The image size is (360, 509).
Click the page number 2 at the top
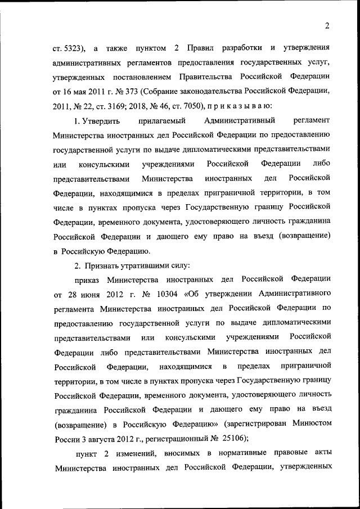(327, 25)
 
